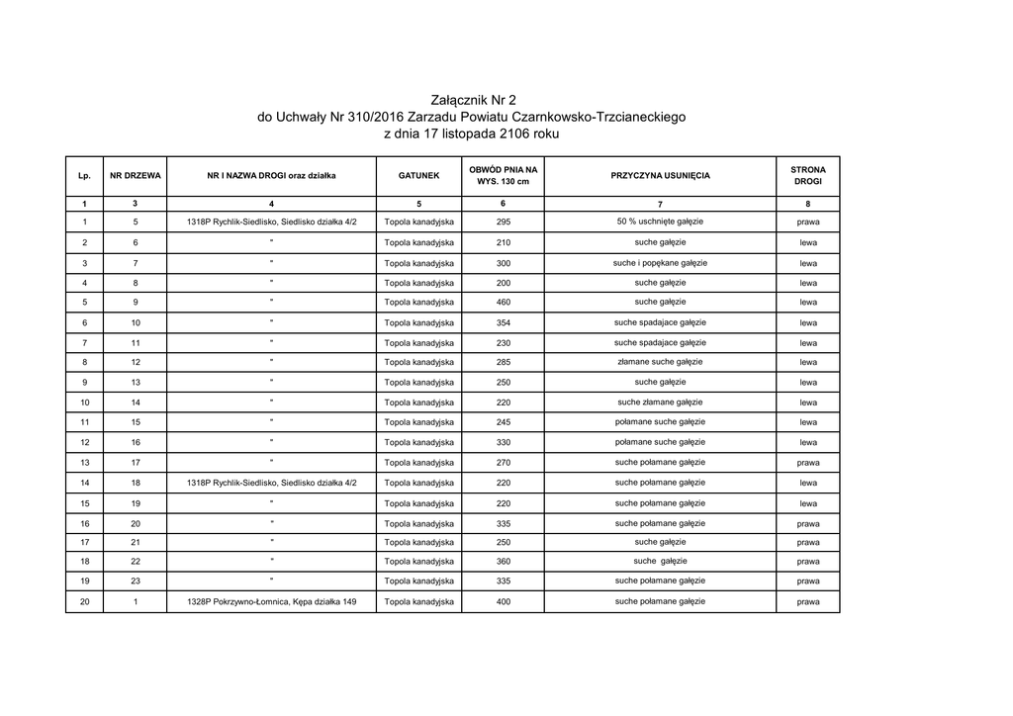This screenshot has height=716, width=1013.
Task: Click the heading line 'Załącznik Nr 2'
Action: click(x=474, y=100)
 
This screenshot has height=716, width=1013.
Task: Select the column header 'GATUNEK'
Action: click(x=418, y=175)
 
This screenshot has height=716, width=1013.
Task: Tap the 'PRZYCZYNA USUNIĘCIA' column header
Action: click(x=660, y=175)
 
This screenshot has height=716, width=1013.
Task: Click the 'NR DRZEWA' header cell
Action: click(x=136, y=175)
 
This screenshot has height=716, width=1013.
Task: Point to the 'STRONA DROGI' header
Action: click(x=807, y=175)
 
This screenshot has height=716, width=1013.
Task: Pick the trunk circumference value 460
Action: click(x=503, y=302)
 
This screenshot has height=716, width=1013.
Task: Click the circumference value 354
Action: click(x=503, y=322)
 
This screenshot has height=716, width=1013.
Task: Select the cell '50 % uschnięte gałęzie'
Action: click(x=660, y=222)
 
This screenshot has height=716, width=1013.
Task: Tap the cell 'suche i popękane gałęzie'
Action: click(x=660, y=262)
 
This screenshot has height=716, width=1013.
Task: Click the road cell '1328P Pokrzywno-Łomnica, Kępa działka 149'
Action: click(x=271, y=601)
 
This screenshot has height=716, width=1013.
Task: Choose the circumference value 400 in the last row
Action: click(x=503, y=601)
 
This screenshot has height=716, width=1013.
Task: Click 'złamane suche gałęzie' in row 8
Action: click(x=660, y=362)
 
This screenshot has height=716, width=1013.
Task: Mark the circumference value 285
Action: click(x=503, y=362)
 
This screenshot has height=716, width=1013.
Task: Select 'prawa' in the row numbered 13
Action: click(x=807, y=463)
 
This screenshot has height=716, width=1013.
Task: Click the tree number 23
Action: click(x=136, y=582)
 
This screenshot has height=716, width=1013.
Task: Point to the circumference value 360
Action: click(x=503, y=562)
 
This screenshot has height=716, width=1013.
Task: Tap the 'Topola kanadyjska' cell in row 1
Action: click(x=418, y=222)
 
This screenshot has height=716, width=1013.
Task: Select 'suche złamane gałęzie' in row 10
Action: click(x=660, y=403)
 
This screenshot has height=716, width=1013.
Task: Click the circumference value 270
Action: click(x=503, y=463)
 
